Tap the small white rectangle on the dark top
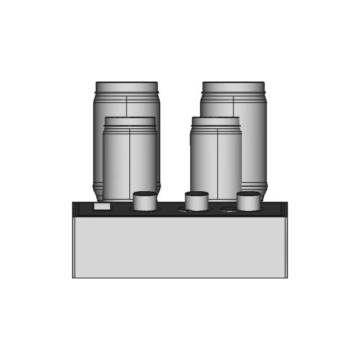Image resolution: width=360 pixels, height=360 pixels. tap(102, 207)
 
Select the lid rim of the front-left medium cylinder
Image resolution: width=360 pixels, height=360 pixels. tap(129, 121)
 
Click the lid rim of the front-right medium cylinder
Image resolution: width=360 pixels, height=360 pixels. tap(216, 121)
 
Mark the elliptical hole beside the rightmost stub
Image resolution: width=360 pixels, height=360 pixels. tap(228, 209)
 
